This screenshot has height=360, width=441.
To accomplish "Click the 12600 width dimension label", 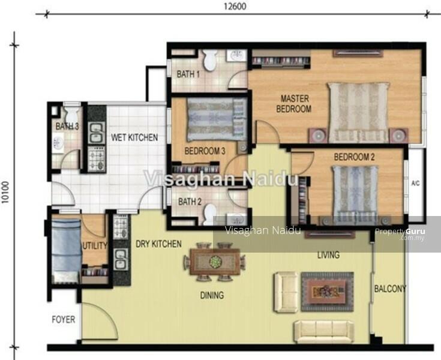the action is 235,6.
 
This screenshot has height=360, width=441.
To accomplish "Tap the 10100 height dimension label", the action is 5,192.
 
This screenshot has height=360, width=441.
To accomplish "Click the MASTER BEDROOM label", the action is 294,104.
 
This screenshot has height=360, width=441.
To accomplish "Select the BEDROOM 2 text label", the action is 354,157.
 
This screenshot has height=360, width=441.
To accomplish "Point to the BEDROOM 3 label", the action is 205,151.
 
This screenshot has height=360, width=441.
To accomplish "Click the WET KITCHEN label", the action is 134,137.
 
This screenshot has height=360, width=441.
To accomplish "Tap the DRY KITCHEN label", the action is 158,244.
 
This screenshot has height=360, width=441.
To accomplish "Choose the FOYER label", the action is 64,319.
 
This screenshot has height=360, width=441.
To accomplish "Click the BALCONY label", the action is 390,289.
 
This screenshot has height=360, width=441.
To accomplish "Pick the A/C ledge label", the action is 415,184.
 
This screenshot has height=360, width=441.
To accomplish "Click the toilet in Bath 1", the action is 210,59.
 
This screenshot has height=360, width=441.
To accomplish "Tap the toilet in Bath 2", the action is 211,214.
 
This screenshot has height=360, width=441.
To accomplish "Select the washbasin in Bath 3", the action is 58,142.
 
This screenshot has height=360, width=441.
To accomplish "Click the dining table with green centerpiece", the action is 215,262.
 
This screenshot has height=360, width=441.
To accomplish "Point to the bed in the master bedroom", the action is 359,112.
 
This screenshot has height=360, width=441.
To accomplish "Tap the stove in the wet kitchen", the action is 97,159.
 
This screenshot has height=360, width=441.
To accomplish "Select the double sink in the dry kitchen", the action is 121,259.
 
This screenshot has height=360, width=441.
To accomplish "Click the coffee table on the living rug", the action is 327,292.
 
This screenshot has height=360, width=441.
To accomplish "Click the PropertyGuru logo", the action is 400,234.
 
